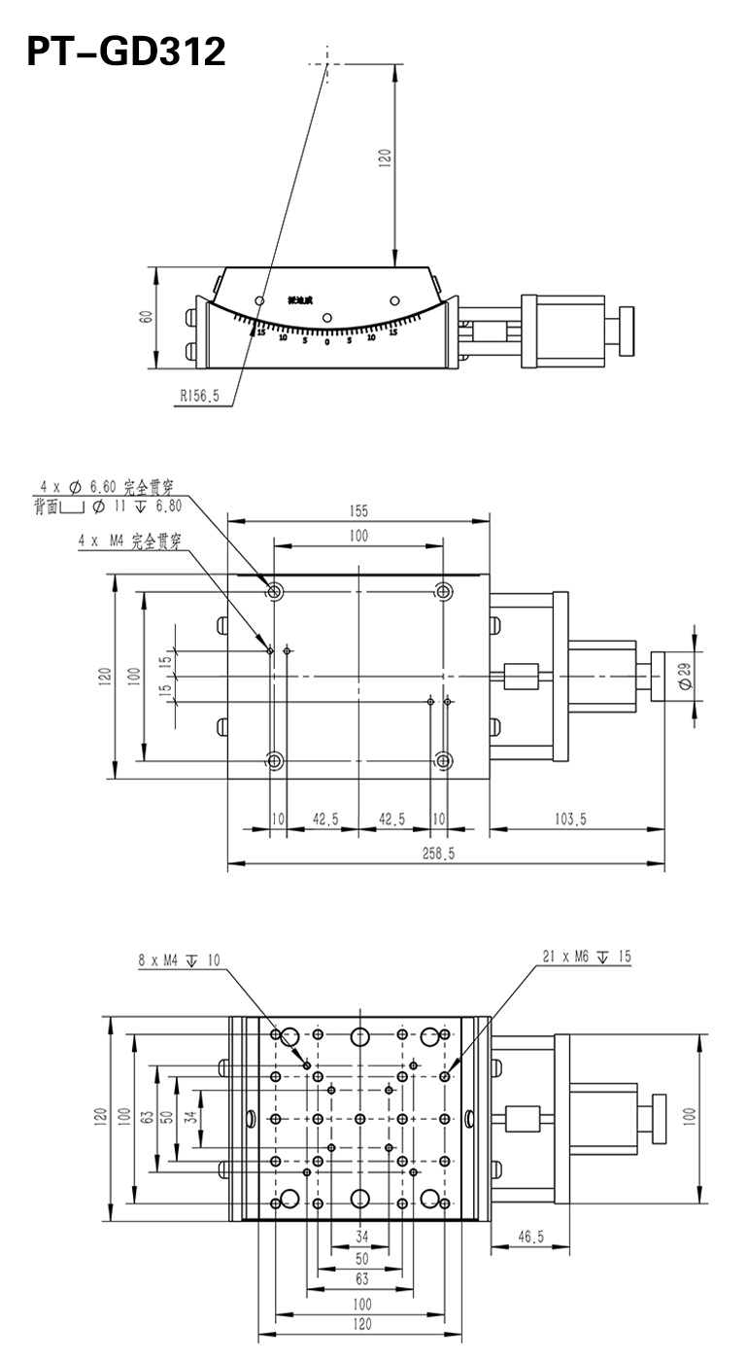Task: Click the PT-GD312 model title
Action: click(x=125, y=52)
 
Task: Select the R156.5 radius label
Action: click(x=200, y=396)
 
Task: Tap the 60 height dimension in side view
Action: click(x=145, y=318)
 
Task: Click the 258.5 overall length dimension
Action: click(x=441, y=853)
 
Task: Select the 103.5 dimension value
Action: click(x=570, y=820)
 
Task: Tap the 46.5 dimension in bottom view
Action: click(x=529, y=1238)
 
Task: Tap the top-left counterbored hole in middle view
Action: click(x=275, y=591)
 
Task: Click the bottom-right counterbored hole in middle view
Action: click(x=444, y=760)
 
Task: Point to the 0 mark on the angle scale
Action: click(x=327, y=341)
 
